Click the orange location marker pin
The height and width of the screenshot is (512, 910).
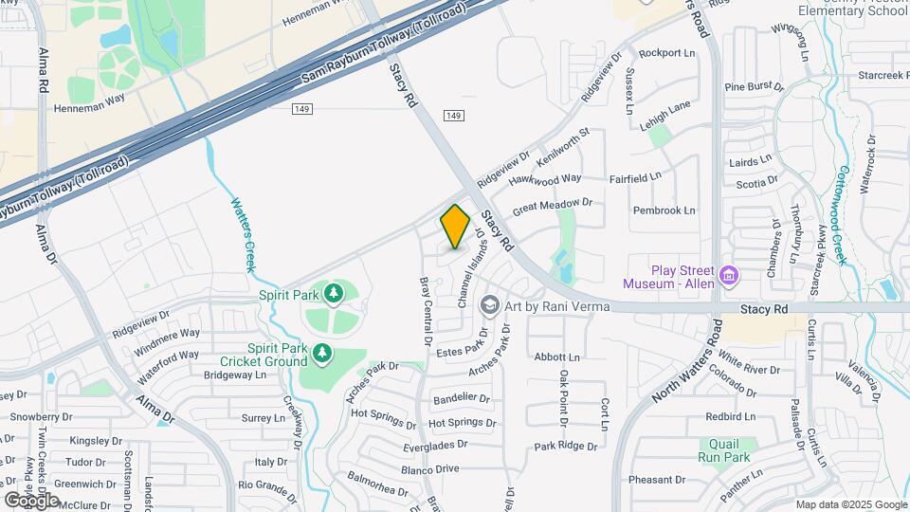[x=455, y=227]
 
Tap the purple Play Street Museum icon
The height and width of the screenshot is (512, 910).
[x=729, y=276]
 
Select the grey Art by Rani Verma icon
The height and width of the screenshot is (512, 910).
[x=489, y=304]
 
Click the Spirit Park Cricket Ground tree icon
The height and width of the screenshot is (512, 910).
[x=322, y=354]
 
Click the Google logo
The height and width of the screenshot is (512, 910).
[x=31, y=499]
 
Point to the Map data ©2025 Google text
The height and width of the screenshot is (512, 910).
[x=850, y=504]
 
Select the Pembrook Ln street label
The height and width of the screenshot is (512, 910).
[x=664, y=210]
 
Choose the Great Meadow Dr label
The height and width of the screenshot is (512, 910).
[x=552, y=206]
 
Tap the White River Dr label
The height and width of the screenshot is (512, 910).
[x=749, y=362]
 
